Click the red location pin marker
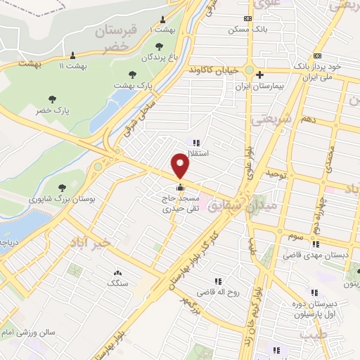click(x=181, y=165)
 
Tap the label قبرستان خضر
click(x=116, y=39)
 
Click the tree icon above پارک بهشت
click(x=131, y=74)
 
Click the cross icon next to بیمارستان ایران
click(x=259, y=74)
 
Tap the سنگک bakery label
click(x=117, y=283)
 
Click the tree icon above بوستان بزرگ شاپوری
click(x=63, y=187)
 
